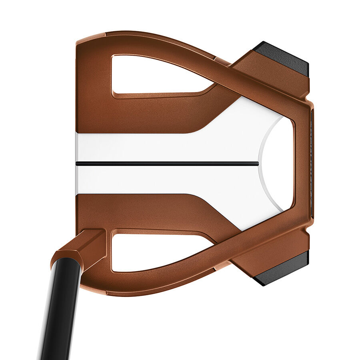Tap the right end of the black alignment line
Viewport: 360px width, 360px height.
(x=257, y=163)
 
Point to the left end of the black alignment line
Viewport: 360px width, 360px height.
(x=77, y=163)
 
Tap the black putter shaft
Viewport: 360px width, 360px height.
(x=60, y=312)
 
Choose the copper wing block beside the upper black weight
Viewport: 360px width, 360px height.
(x=272, y=76)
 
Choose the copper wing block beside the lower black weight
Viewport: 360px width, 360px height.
(x=272, y=252)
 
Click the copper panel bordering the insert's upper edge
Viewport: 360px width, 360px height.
(x=140, y=116)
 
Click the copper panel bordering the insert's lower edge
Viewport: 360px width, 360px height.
(x=140, y=210)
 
